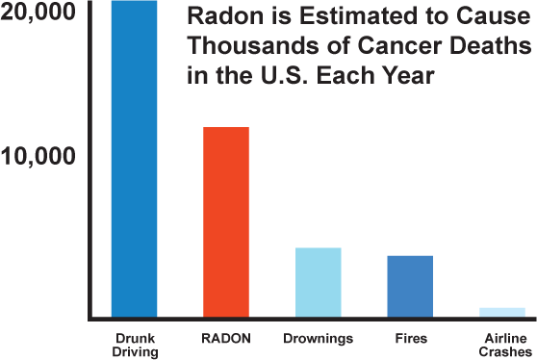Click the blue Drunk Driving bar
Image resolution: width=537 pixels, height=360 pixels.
point(134,159)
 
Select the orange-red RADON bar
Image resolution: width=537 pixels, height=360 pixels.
point(226,221)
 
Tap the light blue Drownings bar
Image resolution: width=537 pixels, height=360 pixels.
point(318,282)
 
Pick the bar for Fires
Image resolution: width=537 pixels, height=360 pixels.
point(410,286)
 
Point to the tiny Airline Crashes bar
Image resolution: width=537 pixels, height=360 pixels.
point(502,312)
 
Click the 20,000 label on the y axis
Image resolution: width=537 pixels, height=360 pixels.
point(41,16)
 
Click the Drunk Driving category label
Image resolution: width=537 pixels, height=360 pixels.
point(134,346)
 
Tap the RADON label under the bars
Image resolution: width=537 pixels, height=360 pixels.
point(226,339)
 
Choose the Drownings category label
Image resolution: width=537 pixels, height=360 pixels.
point(318,339)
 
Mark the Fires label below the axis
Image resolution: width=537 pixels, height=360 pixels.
point(410,339)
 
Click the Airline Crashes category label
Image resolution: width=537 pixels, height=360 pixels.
point(502,346)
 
